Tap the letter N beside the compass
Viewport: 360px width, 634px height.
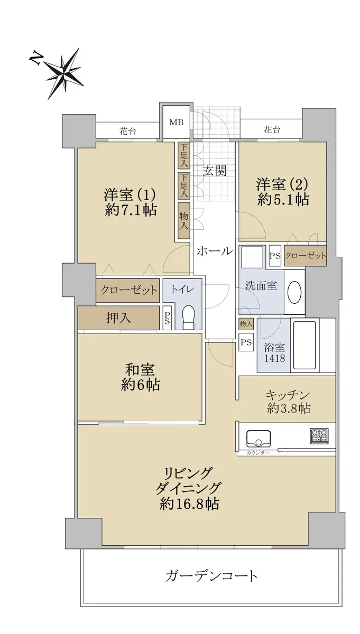point(35,57)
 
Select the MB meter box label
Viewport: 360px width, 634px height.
point(177,122)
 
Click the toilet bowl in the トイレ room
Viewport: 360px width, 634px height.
point(189,318)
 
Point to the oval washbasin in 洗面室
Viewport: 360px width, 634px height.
point(294,292)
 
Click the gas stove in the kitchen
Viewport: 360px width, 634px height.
point(319,436)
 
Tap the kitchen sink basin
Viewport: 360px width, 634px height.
point(259,438)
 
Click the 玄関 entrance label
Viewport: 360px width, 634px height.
point(215,171)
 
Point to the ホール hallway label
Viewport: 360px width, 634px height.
point(215,251)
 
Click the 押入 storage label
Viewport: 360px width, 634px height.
point(118,318)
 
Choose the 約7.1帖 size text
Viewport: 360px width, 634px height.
point(131,210)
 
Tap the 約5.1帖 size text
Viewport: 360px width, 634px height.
point(283,200)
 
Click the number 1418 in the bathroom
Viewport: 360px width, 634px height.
point(274,358)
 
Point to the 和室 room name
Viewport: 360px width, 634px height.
point(140,369)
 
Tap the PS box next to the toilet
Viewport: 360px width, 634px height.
point(167,318)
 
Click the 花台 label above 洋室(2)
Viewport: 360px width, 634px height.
point(272,129)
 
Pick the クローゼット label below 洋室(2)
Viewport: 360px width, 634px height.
point(306,256)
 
